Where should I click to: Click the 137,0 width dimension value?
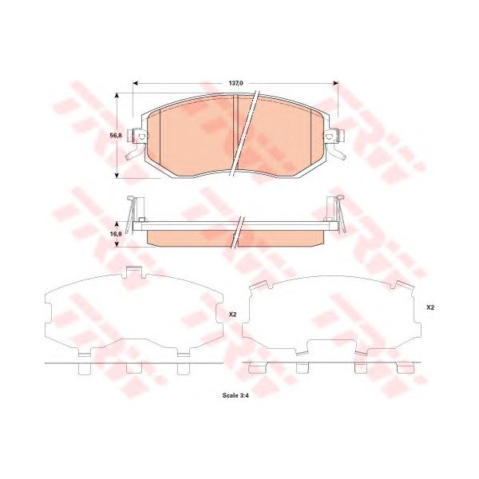pos(236,83)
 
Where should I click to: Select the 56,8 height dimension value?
pos(116,135)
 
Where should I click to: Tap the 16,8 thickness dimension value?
pos(116,234)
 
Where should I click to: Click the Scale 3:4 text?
pos(236,395)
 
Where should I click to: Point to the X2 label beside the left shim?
pos(233,315)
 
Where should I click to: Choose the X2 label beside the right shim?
pos(430,307)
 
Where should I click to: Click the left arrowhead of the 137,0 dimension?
pos(137,83)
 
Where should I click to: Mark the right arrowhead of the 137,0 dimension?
pos(335,83)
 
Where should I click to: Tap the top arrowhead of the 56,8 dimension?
pos(117,97)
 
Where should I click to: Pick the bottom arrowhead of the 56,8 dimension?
pos(117,175)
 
